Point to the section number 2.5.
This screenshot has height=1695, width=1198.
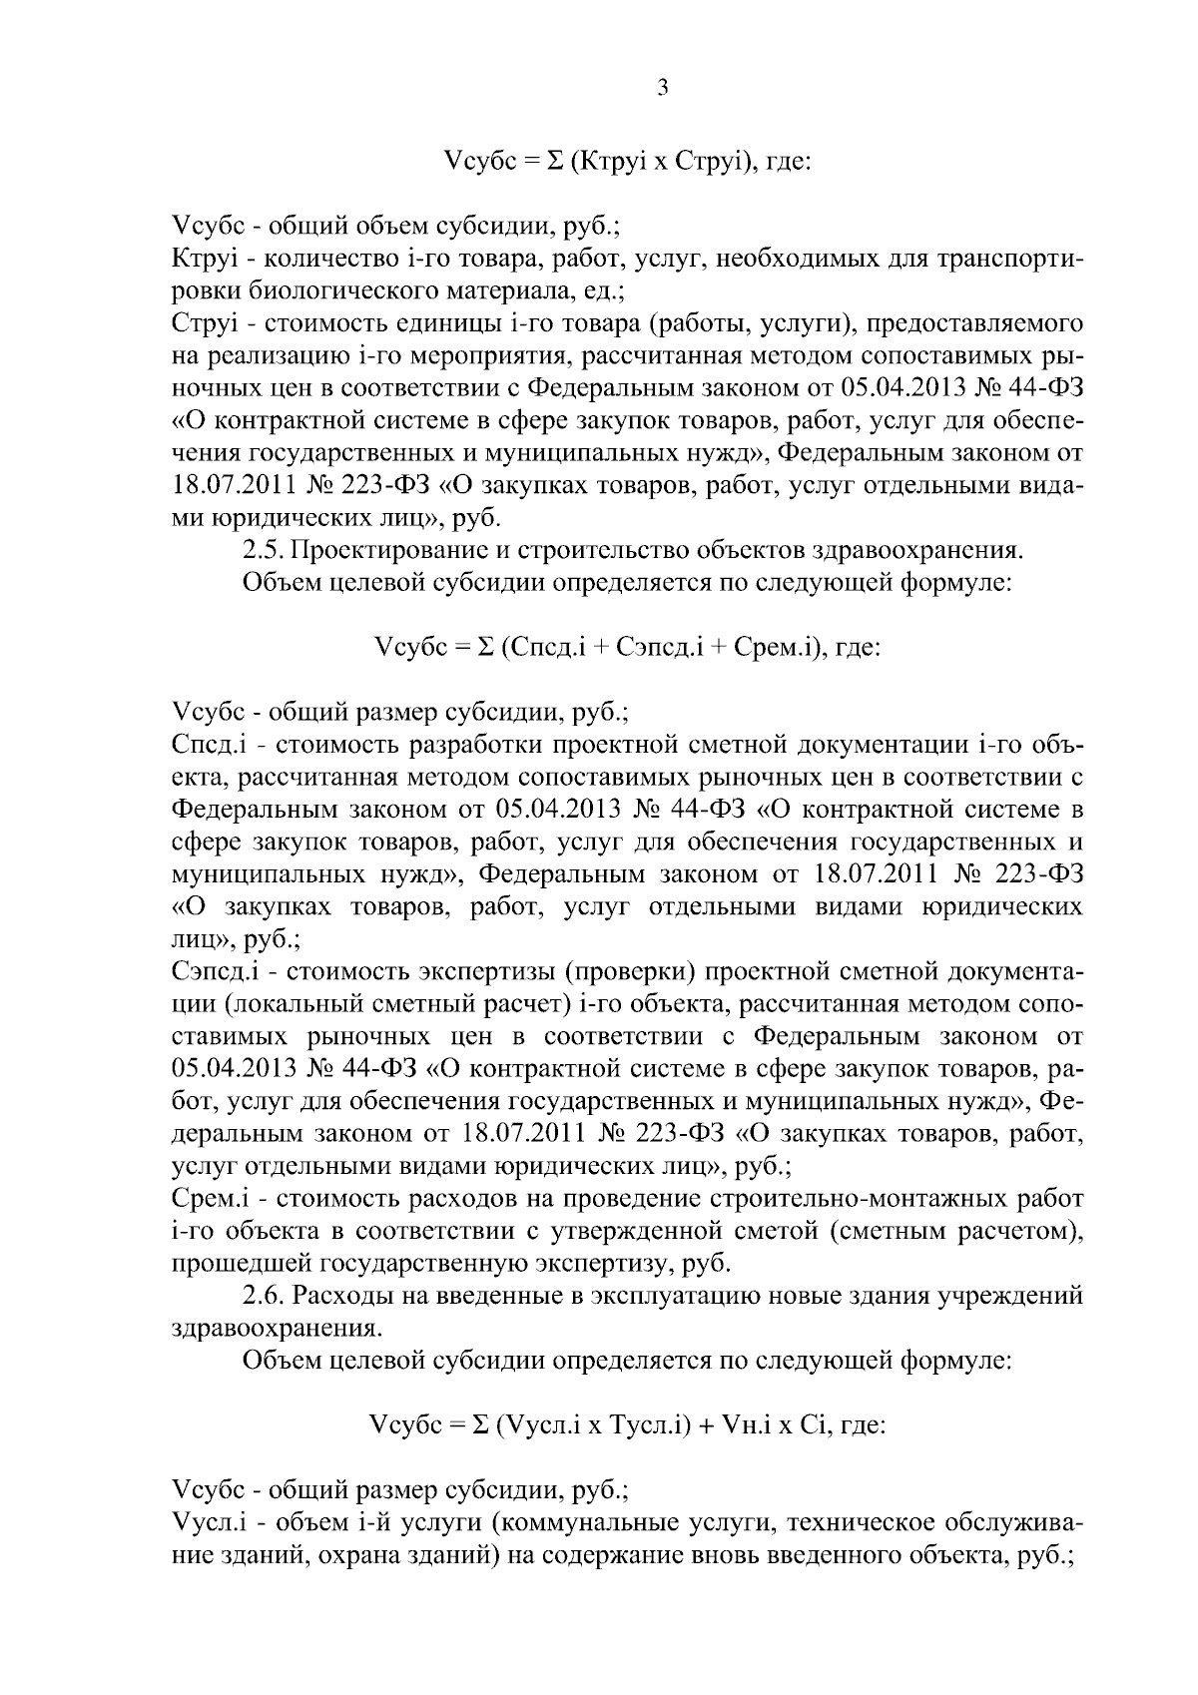pyautogui.click(x=264, y=550)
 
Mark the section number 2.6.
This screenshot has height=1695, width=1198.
pyautogui.click(x=264, y=1297)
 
